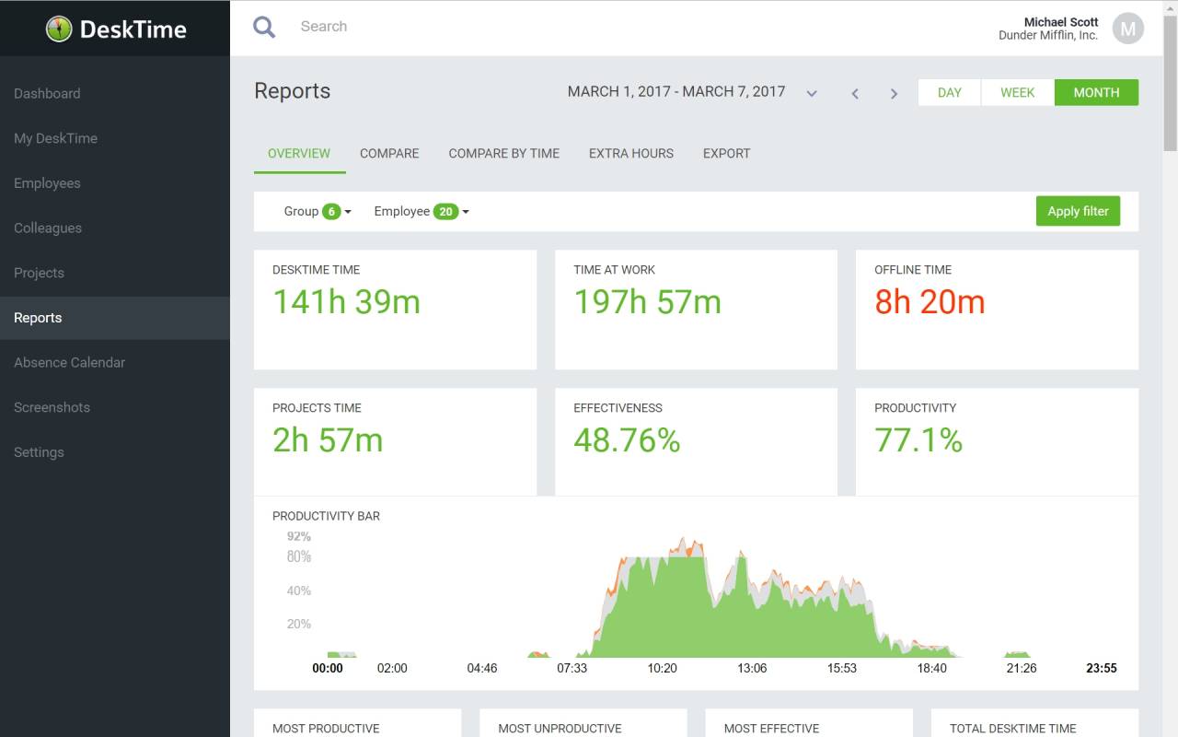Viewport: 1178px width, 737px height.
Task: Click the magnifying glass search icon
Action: coord(264,27)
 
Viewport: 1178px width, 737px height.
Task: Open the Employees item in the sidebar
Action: coord(47,183)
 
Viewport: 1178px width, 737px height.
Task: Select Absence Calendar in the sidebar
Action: coord(69,362)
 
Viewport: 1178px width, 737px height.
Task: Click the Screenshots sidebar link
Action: coord(52,407)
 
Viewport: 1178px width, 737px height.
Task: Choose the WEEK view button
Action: coord(1017,93)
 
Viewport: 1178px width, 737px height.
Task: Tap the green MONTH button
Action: coord(1096,93)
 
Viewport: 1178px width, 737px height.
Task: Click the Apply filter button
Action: coord(1078,211)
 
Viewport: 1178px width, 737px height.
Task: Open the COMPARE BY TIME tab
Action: coord(503,153)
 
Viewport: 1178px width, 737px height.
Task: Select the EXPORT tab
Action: coord(726,153)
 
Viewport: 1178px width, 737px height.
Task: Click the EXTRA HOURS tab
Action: coord(631,153)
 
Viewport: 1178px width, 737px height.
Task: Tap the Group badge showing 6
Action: coord(331,212)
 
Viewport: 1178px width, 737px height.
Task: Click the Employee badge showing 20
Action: coord(446,212)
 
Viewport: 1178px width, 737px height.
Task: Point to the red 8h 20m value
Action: coord(930,301)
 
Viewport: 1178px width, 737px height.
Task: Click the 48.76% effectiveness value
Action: coord(627,440)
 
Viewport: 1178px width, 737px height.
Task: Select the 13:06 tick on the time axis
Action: coord(752,668)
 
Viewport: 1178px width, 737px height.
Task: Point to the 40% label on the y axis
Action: coord(299,591)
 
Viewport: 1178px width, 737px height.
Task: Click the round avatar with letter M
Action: coord(1128,29)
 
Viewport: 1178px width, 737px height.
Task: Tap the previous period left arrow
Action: coord(855,94)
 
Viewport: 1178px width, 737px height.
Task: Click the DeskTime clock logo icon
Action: coord(59,29)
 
